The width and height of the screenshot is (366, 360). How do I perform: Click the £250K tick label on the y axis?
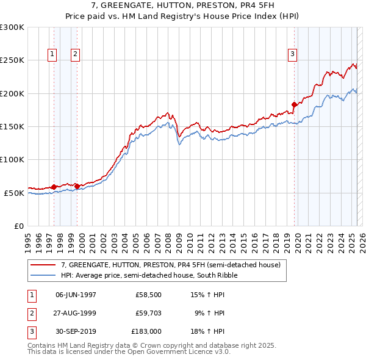(x=12, y=60)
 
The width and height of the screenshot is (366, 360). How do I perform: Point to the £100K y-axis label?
(x=12, y=160)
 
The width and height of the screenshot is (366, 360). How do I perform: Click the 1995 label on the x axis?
(x=28, y=239)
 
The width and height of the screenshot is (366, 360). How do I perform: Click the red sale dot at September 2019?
(x=294, y=104)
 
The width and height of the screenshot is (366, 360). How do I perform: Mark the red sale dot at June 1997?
(x=54, y=187)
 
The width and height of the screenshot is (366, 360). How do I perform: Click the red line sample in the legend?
(x=43, y=265)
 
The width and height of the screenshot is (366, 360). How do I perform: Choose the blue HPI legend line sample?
(x=43, y=275)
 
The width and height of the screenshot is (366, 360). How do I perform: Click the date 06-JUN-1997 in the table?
(x=76, y=294)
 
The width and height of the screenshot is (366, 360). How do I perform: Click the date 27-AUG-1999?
(x=76, y=314)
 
